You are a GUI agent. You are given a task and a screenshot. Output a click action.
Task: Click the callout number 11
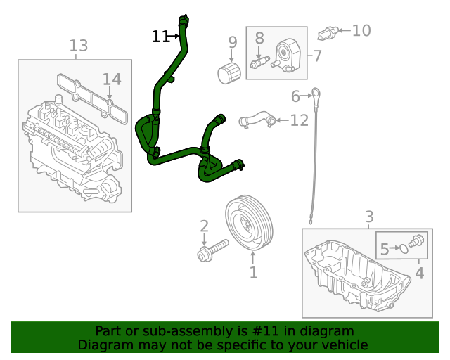tap(160, 36)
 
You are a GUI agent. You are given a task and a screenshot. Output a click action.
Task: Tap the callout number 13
tap(79, 46)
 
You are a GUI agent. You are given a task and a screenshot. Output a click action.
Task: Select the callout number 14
tap(112, 79)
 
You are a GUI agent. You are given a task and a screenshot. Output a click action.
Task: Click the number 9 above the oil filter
tap(233, 43)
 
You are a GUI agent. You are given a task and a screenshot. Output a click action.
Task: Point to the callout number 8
tap(259, 39)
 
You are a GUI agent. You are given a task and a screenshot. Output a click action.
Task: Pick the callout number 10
tap(361, 30)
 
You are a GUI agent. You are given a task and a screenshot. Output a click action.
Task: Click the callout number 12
tap(299, 120)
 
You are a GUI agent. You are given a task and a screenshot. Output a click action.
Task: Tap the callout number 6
tap(295, 95)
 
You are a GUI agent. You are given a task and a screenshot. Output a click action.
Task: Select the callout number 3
tap(369, 217)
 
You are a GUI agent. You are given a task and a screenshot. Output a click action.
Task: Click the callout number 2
tap(204, 226)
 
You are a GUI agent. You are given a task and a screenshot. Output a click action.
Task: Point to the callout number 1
tap(253, 271)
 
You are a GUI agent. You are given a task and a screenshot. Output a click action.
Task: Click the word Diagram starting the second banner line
tap(104, 345)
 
